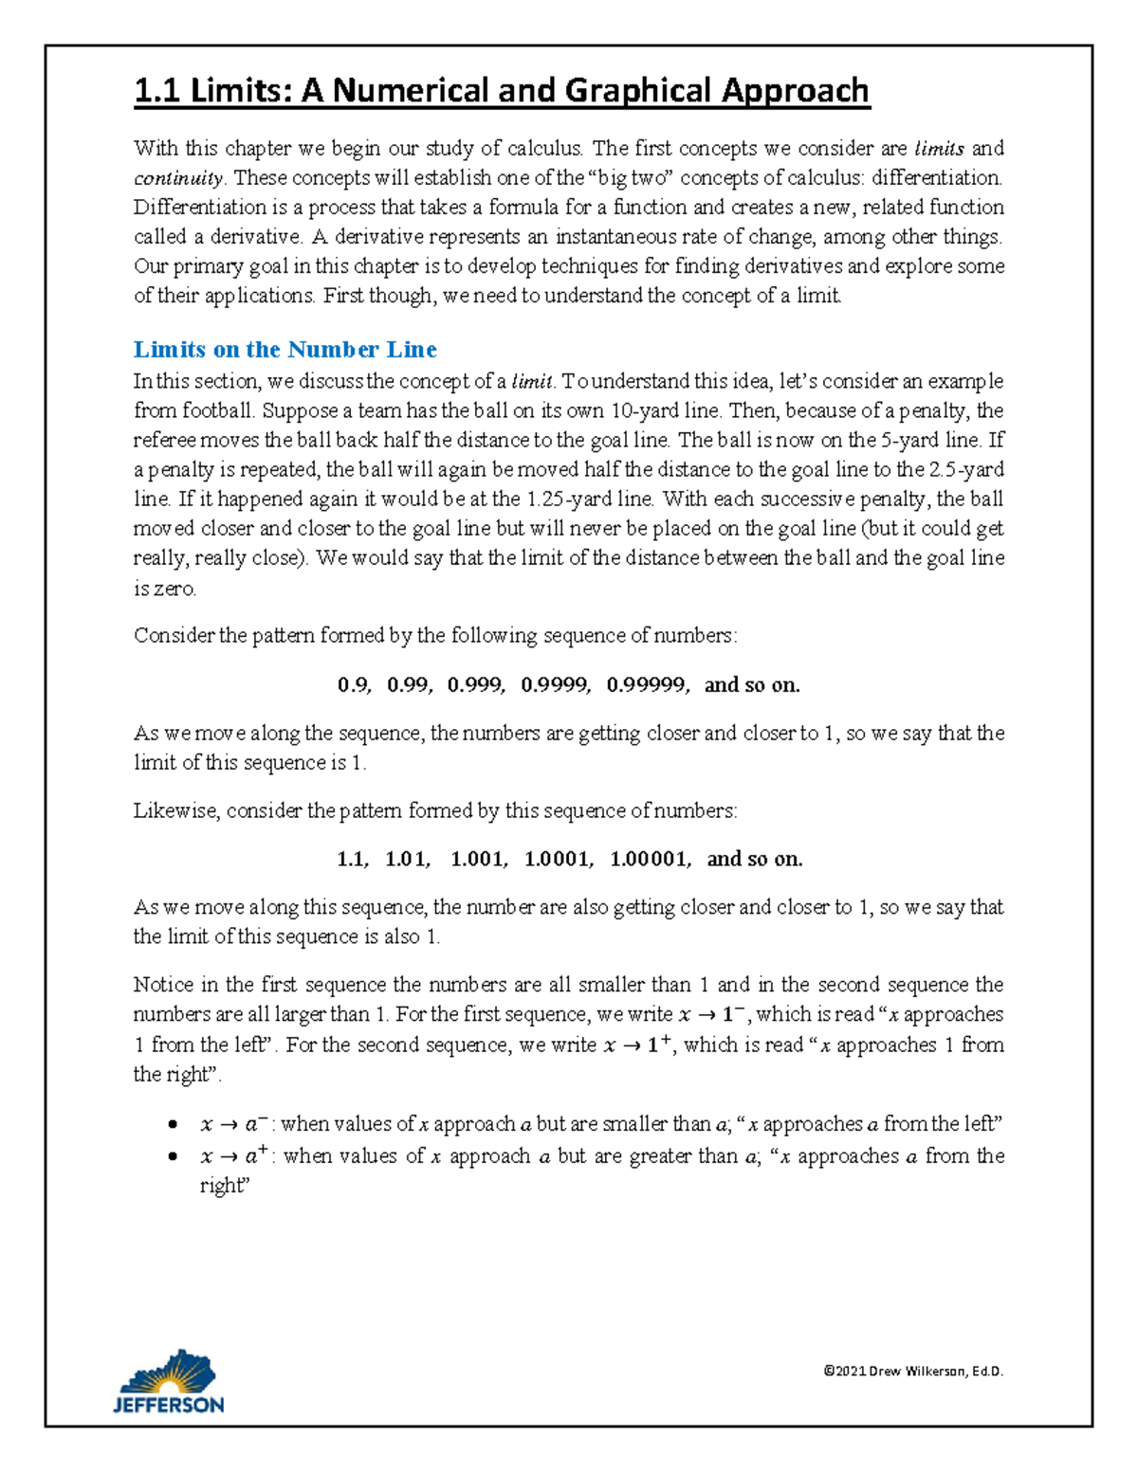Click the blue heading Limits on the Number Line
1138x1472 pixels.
point(284,350)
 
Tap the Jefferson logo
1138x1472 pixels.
point(169,1383)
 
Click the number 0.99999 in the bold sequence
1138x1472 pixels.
point(648,685)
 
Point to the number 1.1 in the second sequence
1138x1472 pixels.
point(351,860)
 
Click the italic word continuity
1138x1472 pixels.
point(178,178)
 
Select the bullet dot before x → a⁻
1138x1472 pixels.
point(172,1125)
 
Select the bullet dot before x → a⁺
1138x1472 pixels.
point(172,1156)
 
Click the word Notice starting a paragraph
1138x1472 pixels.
point(163,985)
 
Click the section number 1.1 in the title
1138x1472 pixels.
point(157,91)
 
